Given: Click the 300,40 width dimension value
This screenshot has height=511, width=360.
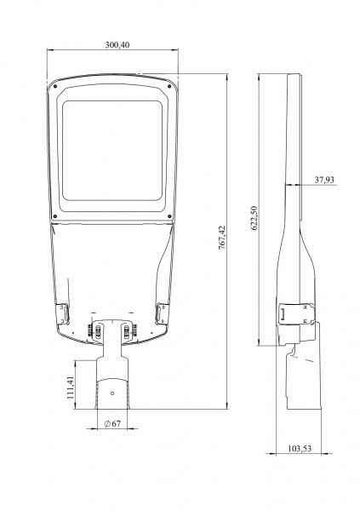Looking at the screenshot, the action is tap(117, 45).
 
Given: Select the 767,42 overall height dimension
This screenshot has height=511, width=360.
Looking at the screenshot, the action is tap(222, 238).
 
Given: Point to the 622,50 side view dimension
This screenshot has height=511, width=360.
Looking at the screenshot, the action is tap(254, 218).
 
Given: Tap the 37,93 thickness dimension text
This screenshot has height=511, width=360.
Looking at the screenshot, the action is tap(324, 180).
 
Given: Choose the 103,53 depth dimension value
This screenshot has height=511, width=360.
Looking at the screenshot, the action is tap(300, 449).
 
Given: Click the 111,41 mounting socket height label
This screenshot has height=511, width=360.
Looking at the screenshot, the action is tap(71, 388).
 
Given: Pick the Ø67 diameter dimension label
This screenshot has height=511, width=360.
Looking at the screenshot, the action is tap(112, 423).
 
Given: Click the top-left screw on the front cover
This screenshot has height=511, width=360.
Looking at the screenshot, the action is tap(55, 86).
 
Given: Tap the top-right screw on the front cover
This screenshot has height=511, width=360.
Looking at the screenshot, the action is tap(169, 86).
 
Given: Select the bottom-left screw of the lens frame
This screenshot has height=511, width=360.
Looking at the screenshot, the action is tap(55, 216).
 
